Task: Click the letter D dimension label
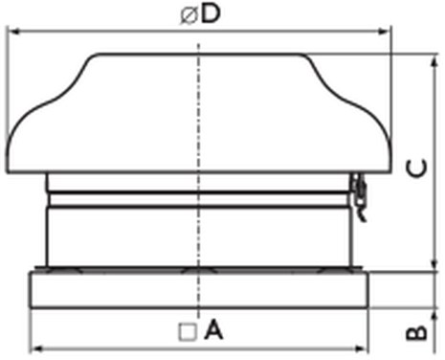211,13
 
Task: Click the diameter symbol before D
189,15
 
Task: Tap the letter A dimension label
213,330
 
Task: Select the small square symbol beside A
188,332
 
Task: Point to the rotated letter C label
416,168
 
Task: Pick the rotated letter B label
416,333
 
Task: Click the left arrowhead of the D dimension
12,32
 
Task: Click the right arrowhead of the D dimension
384,32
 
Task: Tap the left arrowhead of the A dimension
37,349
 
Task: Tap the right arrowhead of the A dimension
361,349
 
